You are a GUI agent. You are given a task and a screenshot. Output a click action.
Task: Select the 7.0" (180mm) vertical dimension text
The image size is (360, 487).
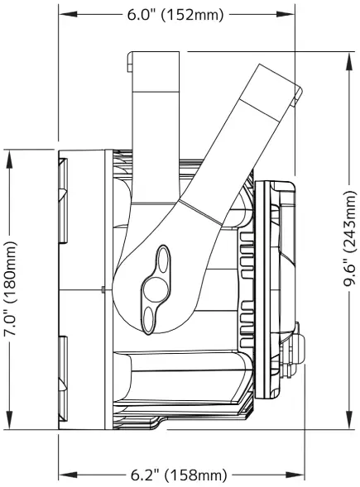click(x=11, y=288)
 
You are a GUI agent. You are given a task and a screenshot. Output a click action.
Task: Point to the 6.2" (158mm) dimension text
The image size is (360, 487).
click(x=179, y=475)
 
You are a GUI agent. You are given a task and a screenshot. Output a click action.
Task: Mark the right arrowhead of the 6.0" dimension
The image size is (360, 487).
click(x=293, y=15)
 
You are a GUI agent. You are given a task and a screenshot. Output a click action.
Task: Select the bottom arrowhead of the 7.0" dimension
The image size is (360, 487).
click(x=11, y=425)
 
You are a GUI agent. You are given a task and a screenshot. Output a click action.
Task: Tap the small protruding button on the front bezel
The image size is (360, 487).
click(x=299, y=347)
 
